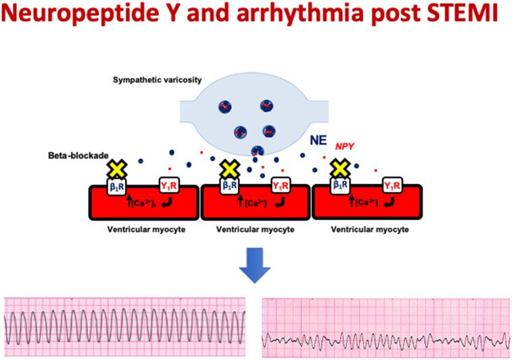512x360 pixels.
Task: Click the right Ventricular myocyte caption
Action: tap(369, 230)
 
